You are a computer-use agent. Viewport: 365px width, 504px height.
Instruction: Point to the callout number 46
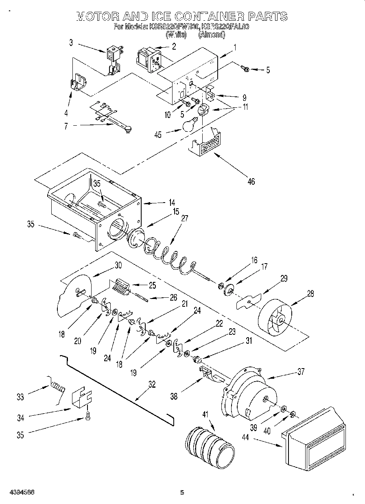point(251,181)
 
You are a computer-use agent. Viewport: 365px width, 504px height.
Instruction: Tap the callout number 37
point(301,371)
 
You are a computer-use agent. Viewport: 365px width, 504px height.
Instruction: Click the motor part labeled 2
point(147,58)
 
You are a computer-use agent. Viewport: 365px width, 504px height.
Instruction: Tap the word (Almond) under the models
point(211,35)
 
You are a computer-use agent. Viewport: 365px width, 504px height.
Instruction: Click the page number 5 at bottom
point(182,493)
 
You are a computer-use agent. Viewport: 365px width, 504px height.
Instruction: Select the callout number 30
point(118,265)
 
